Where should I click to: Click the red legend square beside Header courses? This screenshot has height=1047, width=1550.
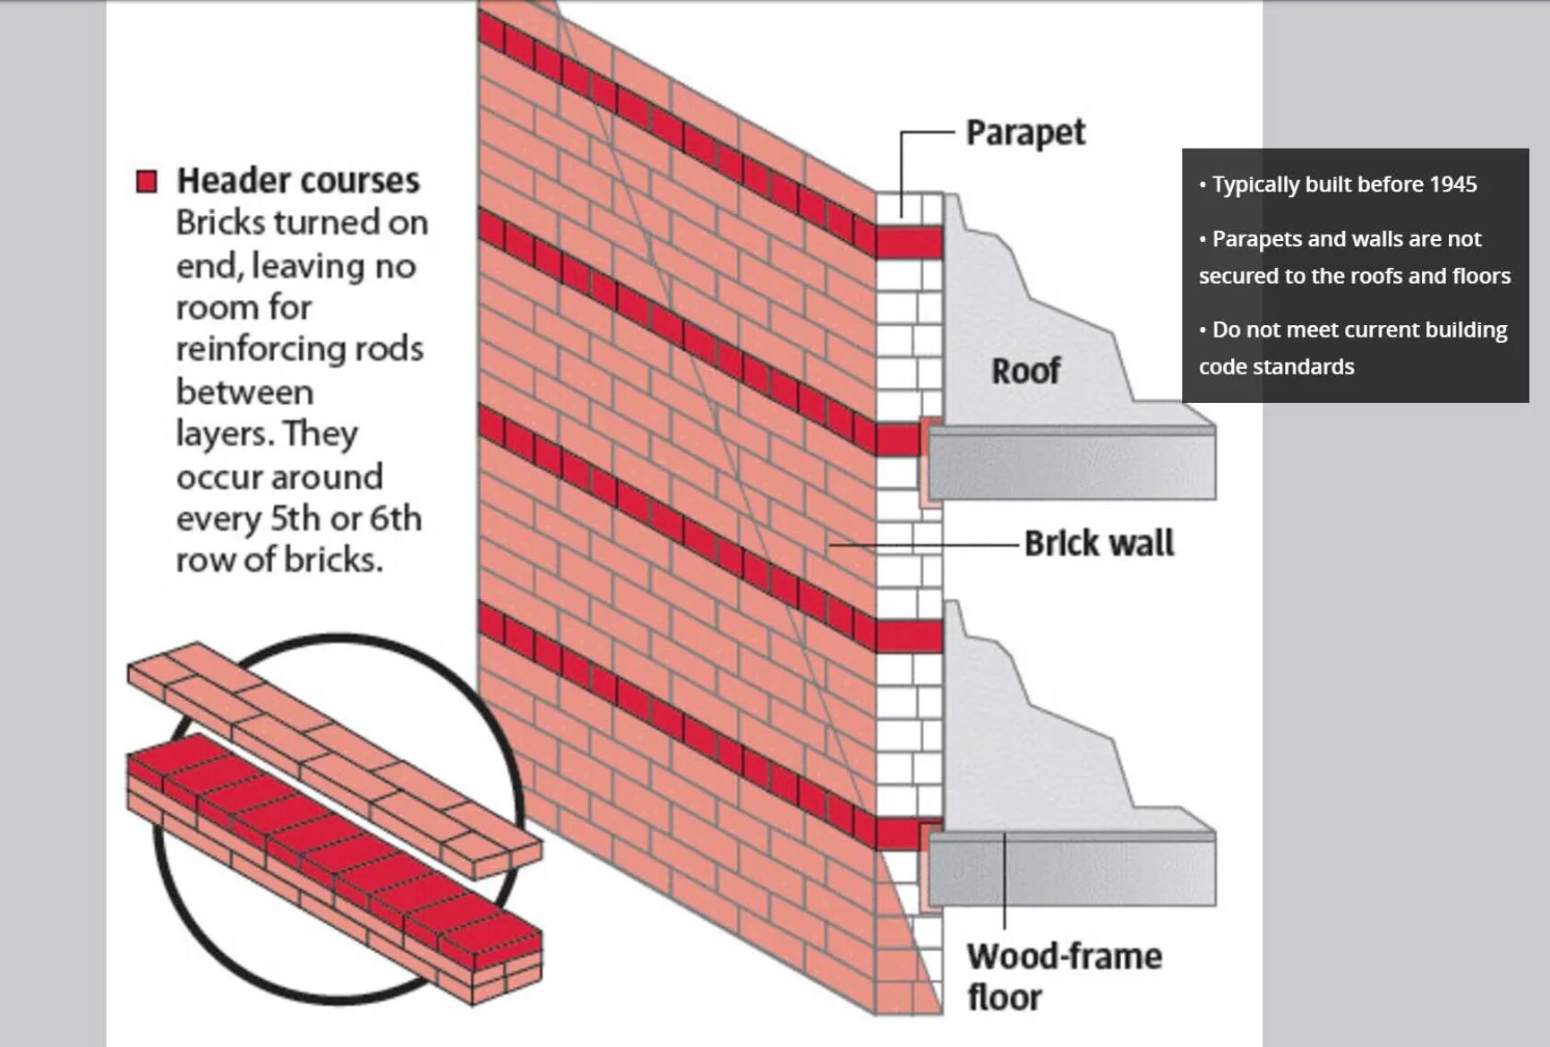146,182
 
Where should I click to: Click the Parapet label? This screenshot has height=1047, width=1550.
1024,133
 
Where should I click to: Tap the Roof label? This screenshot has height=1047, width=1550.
1025,370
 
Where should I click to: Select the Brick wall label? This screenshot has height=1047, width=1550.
1099,544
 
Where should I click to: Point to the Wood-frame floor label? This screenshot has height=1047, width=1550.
1063,977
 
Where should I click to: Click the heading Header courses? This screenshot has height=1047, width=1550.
298,181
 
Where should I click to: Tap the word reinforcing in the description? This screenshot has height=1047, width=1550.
262,349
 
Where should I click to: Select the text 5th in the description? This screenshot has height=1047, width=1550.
295,519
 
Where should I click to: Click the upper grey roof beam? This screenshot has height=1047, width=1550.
1071,464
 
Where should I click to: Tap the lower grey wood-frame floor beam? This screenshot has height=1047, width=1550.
1071,869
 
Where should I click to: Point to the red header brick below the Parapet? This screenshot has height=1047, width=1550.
908,243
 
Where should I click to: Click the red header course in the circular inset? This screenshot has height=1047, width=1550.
331,833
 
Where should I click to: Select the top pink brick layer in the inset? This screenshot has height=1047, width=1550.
331,743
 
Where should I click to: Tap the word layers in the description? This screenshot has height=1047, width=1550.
224,434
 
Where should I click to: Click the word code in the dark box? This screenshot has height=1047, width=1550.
1220,367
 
